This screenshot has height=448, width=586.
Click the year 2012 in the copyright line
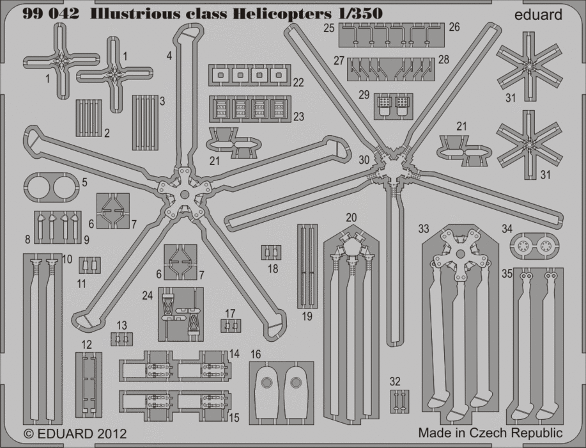pyautogui.click(x=112, y=434)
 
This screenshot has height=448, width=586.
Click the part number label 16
pyautogui.click(x=256, y=354)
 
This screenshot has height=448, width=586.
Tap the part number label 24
pyautogui.click(x=148, y=296)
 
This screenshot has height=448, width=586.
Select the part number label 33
pyautogui.click(x=424, y=228)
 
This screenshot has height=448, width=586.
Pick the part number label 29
pyautogui.click(x=364, y=95)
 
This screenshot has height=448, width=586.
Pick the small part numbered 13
pyautogui.click(x=121, y=339)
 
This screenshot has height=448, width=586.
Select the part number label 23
pyautogui.click(x=299, y=117)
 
